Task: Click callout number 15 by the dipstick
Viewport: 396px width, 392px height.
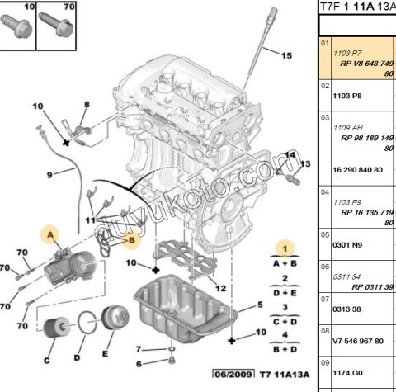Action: click(x=285, y=56)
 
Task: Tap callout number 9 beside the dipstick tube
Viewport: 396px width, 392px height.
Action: click(x=49, y=174)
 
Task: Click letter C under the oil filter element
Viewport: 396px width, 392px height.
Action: click(x=46, y=360)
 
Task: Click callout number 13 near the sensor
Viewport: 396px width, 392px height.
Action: click(x=304, y=164)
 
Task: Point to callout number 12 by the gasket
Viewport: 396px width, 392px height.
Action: click(x=219, y=287)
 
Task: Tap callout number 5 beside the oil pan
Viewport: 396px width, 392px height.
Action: click(x=260, y=305)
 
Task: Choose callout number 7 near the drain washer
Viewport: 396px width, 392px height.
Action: click(x=139, y=348)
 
